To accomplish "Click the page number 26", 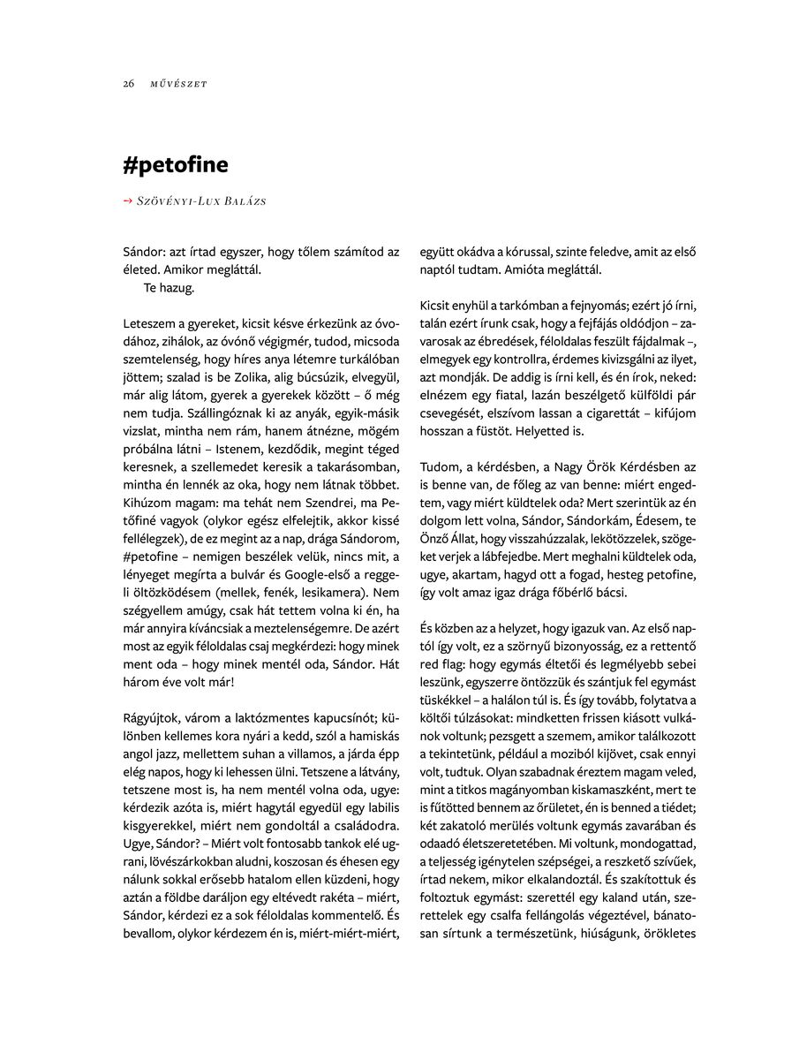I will click(129, 84).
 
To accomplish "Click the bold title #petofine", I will click(176, 165).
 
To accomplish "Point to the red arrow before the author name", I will click(128, 201).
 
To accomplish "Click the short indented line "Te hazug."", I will click(169, 288).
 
